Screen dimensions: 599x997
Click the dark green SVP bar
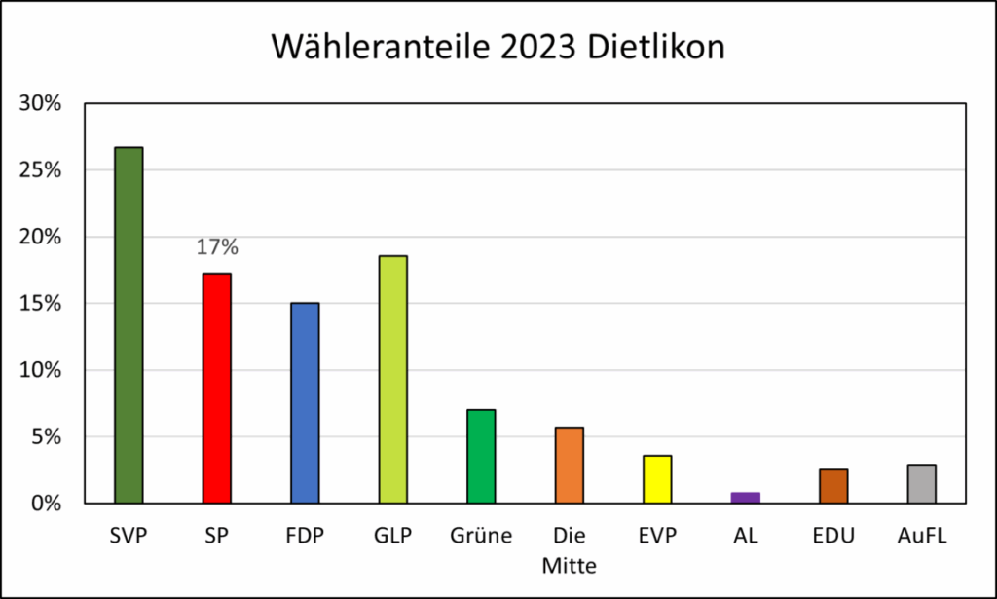click(129, 325)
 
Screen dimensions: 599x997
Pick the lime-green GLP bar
click(392, 379)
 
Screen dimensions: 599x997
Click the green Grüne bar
click(481, 456)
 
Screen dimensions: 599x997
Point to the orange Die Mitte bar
click(569, 465)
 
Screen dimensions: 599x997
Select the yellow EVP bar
click(657, 479)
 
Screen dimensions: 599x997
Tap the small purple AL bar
click(745, 498)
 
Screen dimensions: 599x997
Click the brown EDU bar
click(833, 486)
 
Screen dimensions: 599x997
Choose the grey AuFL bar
click(921, 483)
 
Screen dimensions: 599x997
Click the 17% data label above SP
click(217, 247)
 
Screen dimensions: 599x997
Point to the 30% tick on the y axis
click(40, 103)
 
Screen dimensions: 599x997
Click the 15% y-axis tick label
click(40, 303)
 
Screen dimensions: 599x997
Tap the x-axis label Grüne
click(481, 535)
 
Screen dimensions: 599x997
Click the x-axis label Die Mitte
click(569, 549)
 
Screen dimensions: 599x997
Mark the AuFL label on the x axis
click(921, 535)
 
